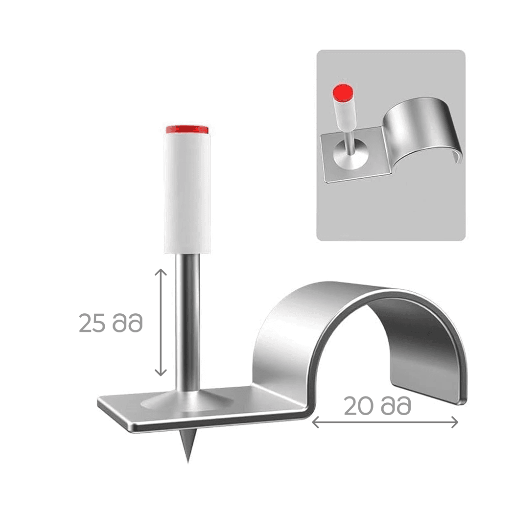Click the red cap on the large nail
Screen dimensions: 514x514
187,129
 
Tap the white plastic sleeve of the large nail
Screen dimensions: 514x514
187,193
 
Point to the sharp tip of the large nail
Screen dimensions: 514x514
188,462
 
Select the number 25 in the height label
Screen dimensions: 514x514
92,323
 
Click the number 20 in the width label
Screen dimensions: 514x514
359,406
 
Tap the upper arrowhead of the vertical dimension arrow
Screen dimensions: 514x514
161,272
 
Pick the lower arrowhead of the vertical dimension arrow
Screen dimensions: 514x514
161,372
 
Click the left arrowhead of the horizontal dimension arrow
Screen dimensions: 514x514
315,422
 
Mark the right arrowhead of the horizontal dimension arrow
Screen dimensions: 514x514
454,422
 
